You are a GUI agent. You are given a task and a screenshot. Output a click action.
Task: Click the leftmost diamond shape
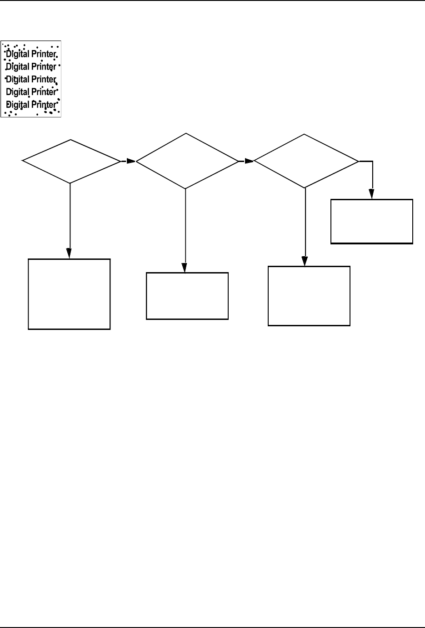70,161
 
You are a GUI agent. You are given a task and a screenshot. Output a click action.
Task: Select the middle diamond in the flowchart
187,161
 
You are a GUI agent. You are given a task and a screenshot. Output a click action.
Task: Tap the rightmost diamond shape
305,161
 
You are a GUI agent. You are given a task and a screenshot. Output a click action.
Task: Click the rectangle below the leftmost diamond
69,294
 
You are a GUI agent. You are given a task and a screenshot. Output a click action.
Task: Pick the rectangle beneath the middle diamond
187,296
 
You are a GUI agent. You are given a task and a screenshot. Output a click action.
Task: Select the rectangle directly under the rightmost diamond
309,296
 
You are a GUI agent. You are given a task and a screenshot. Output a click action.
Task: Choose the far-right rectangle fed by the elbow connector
372,221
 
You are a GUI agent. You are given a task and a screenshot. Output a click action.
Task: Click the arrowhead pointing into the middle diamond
131,161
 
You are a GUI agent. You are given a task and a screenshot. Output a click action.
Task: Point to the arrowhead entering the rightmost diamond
249,161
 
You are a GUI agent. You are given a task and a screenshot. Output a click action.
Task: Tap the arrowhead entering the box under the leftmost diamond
70,254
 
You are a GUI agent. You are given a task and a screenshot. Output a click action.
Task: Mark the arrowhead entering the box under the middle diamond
185,268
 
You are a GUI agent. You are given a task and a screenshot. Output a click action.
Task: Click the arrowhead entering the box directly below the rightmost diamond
305,261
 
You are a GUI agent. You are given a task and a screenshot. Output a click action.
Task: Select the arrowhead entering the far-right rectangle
373,194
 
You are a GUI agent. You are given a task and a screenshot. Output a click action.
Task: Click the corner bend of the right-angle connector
373,161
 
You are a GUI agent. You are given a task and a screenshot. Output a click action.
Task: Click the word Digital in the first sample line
18,54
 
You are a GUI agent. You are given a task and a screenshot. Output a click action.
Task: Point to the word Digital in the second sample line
18,66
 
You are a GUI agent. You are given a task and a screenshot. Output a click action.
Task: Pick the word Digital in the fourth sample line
18,92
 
